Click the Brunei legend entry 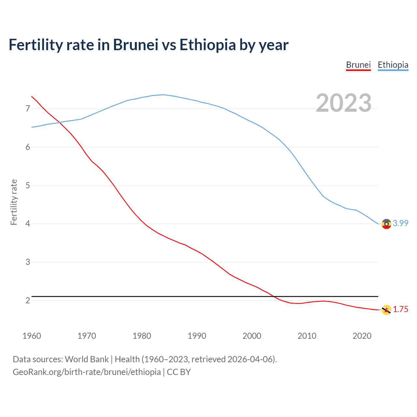(358, 65)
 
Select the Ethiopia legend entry (393, 65)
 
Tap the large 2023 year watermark (343, 103)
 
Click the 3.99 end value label (400, 223)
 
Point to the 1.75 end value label (400, 309)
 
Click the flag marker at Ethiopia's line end (386, 224)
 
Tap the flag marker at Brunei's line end (386, 310)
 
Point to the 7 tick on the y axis (28, 108)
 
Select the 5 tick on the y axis (28, 185)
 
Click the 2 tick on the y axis (28, 300)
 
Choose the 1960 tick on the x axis (32, 336)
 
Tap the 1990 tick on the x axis (197, 336)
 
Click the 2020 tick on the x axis (362, 336)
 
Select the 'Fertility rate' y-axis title (14, 202)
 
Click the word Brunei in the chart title (136, 45)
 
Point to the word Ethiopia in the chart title (208, 45)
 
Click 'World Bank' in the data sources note (87, 359)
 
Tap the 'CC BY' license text (179, 372)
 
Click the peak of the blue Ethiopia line (163, 94)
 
